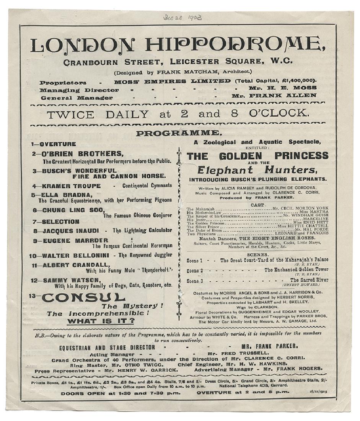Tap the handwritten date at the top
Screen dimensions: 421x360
182,18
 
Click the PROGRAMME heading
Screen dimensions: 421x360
178,133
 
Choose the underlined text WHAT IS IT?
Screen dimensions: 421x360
101,321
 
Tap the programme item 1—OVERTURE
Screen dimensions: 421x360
54,144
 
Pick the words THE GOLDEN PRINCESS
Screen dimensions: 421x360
257,156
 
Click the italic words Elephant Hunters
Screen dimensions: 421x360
257,170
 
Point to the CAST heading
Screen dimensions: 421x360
257,205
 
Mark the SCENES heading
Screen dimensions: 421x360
257,254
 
